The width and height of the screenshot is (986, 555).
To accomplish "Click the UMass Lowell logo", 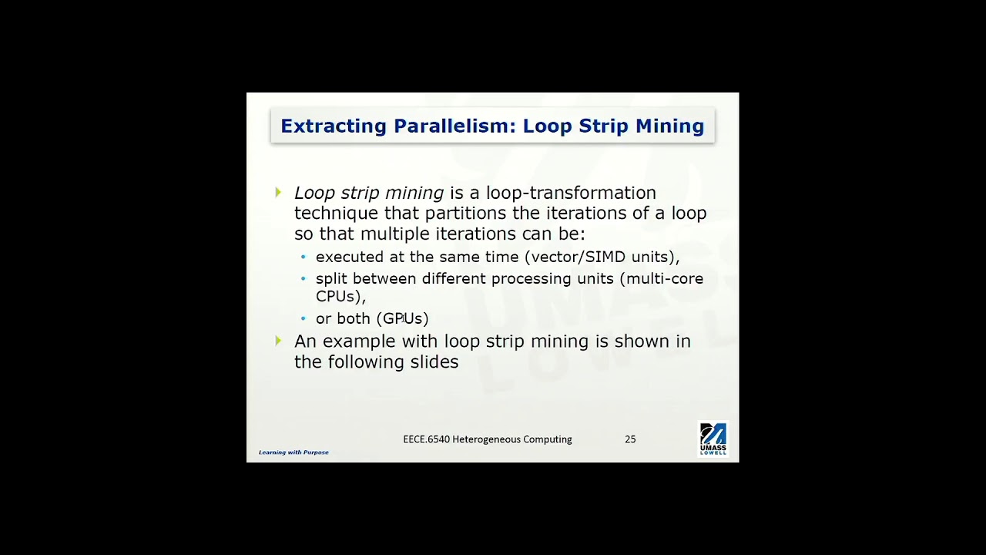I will pos(713,439).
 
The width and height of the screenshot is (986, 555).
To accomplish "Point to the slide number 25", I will pos(630,439).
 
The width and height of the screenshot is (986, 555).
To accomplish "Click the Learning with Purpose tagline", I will pos(293,452).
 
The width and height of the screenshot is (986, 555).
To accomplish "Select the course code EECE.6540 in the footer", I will pos(426,439).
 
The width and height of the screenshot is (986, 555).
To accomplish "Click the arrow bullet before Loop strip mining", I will pos(278,193).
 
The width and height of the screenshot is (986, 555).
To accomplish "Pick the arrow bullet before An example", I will pos(278,341).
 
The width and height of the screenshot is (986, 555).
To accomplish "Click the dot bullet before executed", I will pos(304,257).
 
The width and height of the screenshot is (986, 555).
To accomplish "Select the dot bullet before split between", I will pos(304,279).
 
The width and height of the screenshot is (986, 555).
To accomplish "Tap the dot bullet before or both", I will pos(304,318).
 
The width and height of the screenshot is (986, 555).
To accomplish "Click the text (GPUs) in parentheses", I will pos(402,318).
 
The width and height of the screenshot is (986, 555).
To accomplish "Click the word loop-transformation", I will pos(571,193).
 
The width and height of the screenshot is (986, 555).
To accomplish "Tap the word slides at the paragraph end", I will pos(434,362).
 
